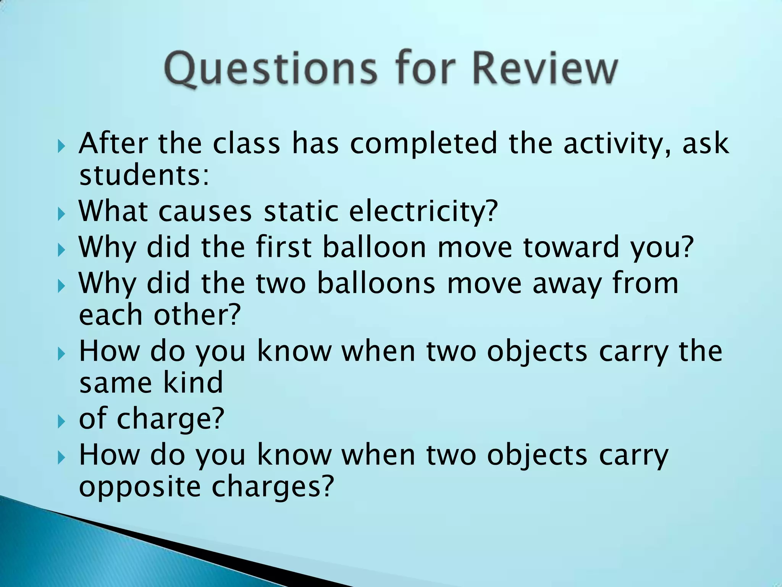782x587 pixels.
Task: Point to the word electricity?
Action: pos(424,212)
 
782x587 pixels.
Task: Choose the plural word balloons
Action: pos(376,283)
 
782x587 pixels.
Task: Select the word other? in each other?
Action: pos(197,315)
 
